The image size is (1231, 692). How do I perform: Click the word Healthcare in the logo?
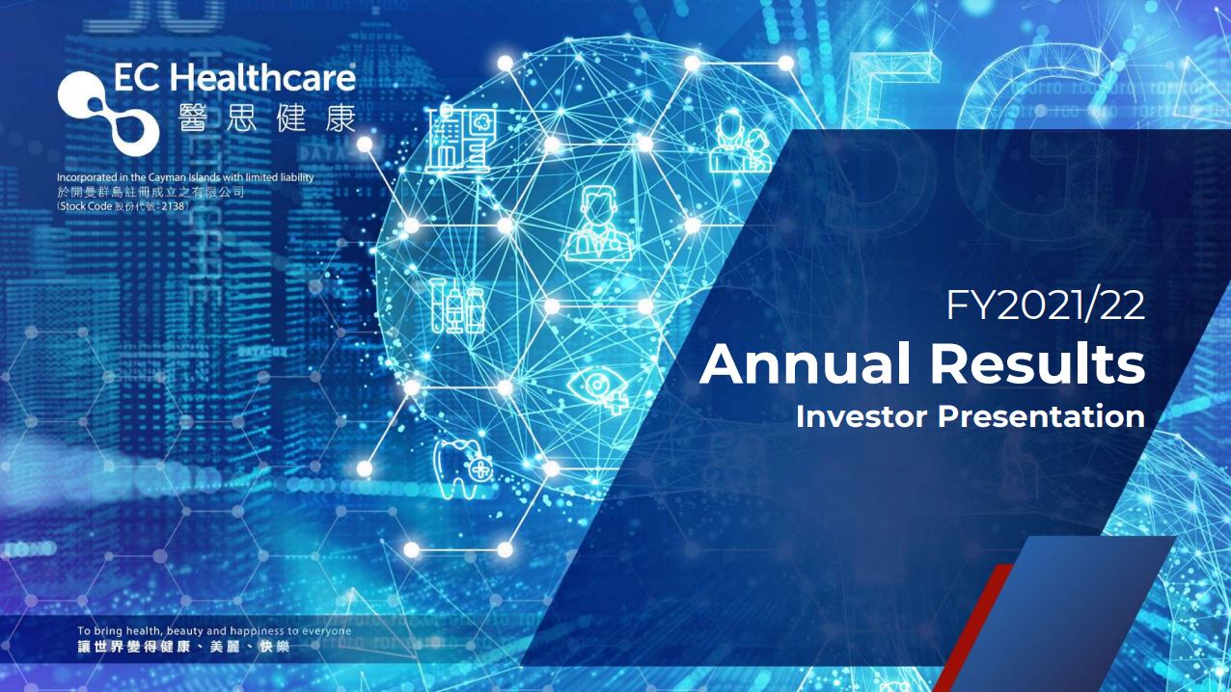tap(263, 77)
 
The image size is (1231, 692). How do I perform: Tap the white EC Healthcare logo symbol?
tap(107, 113)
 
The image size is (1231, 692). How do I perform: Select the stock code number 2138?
tap(175, 206)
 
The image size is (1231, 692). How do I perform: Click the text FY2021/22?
tap(1045, 306)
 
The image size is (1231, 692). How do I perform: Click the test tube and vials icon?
tap(457, 306)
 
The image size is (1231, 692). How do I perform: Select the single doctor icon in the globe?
tap(598, 223)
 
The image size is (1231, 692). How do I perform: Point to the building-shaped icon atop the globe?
tap(461, 139)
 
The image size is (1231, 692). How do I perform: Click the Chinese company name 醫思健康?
tap(267, 117)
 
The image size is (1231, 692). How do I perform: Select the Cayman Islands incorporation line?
tap(185, 177)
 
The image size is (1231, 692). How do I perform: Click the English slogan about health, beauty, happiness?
tap(214, 631)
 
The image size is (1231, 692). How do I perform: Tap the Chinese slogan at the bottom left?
tap(183, 647)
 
